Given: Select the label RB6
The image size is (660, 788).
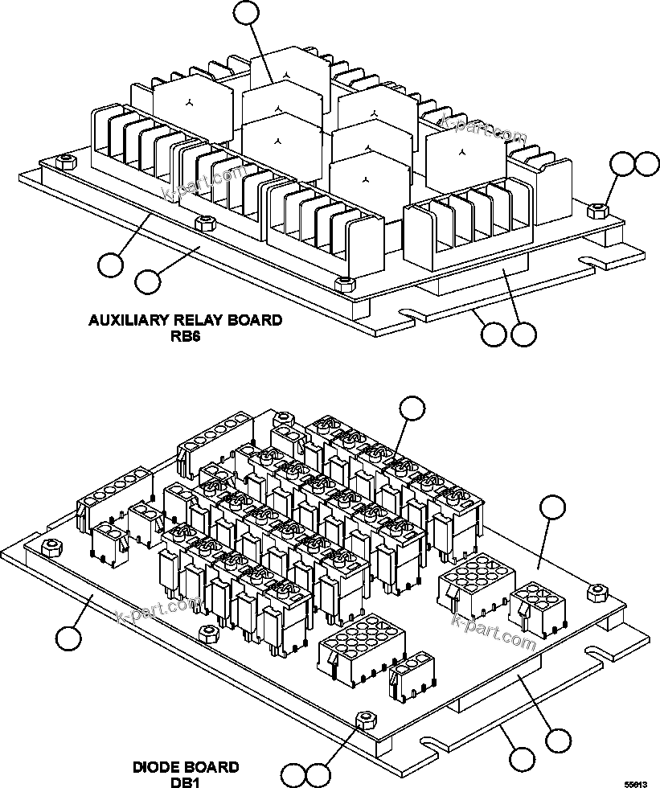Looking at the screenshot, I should tap(184, 338).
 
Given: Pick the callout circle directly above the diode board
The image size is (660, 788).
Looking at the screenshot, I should tap(412, 408).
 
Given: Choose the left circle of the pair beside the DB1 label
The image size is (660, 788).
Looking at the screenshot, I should tap(295, 775).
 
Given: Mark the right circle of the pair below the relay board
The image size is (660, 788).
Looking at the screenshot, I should tap(523, 334).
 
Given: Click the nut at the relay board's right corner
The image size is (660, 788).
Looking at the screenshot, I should tap(597, 211).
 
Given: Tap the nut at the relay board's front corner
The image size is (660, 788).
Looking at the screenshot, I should tap(343, 282).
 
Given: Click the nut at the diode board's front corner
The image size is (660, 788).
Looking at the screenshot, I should tap(366, 717).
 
